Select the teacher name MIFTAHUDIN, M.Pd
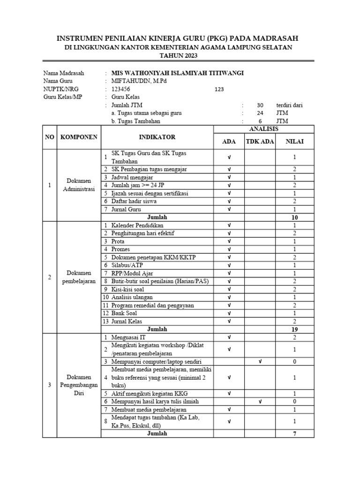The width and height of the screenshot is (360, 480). [x=139, y=81]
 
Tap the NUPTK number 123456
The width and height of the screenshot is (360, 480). [x=121, y=89]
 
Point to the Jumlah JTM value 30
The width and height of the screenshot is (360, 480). [x=261, y=105]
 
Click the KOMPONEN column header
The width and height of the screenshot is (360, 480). [x=79, y=137]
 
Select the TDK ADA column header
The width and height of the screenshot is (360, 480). [x=260, y=142]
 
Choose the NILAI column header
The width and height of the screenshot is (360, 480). [x=295, y=142]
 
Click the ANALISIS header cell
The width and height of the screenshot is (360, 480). [x=264, y=128]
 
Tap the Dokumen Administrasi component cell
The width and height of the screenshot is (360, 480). [x=79, y=185]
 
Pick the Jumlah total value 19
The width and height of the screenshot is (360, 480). [x=295, y=329]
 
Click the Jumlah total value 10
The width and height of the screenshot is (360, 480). [x=295, y=217]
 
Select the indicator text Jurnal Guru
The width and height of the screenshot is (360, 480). [x=127, y=210]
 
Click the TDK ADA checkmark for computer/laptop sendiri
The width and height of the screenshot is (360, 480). [x=260, y=361]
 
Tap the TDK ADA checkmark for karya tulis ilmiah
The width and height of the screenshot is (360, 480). [x=260, y=401]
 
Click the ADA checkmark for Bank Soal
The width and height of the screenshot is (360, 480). [x=229, y=313]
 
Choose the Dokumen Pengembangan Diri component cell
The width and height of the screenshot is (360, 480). [x=79, y=385]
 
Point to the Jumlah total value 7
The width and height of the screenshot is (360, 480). [x=295, y=434]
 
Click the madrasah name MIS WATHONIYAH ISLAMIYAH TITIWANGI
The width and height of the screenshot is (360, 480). [x=177, y=73]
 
